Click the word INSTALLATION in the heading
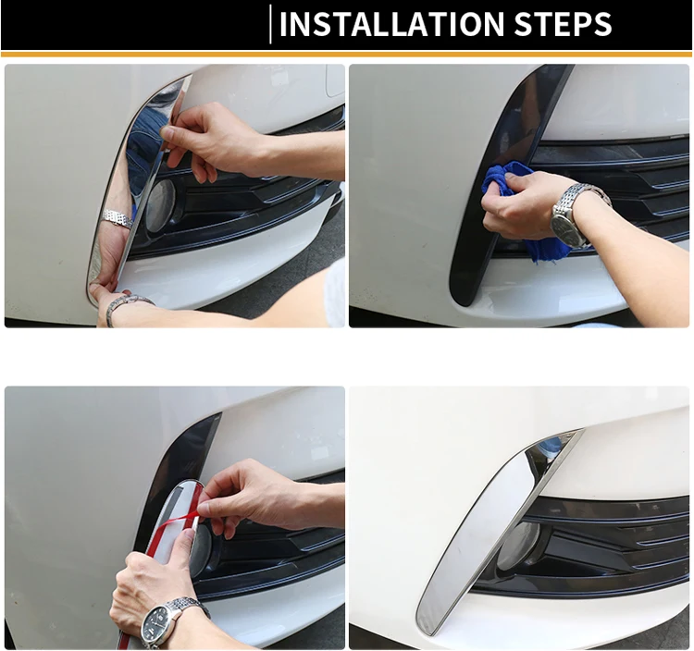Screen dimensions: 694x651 [391, 24]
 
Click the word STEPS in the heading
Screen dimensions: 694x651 [563, 24]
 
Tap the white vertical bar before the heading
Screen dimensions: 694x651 [270, 24]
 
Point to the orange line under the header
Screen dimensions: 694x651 [347, 55]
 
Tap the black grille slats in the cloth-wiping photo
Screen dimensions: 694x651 [620, 186]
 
